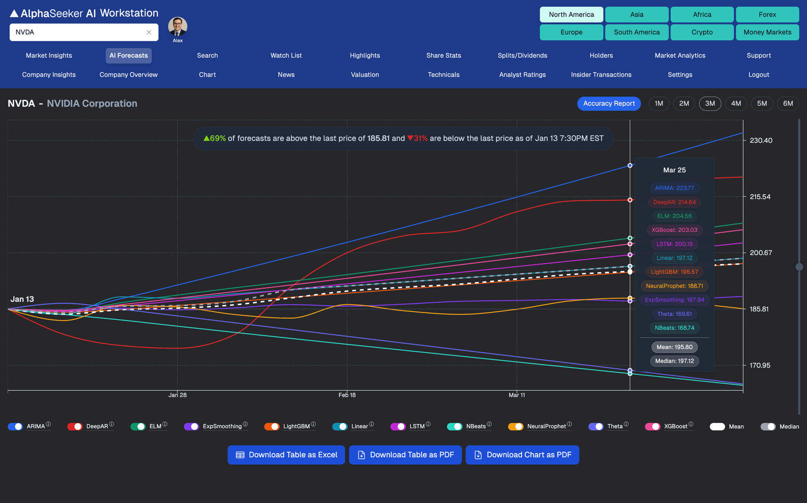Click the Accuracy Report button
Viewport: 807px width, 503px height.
click(609, 103)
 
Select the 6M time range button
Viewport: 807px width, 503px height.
click(788, 103)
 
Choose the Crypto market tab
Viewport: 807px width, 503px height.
click(702, 32)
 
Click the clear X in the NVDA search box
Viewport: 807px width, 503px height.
click(149, 32)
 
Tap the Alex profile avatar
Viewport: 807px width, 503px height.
click(177, 27)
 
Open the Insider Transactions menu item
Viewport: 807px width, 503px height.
click(601, 75)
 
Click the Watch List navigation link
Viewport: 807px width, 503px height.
click(286, 55)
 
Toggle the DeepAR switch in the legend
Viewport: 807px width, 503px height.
click(75, 427)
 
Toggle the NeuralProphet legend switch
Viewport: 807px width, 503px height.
click(516, 427)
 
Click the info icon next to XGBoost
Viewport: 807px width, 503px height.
click(691, 424)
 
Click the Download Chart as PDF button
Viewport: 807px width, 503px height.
click(522, 455)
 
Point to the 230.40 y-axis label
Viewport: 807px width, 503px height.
click(761, 140)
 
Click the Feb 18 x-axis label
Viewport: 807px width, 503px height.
click(347, 395)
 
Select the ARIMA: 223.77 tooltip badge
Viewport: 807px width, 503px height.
click(674, 188)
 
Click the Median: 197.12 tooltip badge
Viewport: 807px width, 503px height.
click(674, 361)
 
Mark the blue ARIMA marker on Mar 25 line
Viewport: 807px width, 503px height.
click(630, 166)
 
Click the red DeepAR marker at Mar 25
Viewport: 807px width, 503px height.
click(630, 200)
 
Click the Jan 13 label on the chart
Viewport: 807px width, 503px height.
click(22, 299)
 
